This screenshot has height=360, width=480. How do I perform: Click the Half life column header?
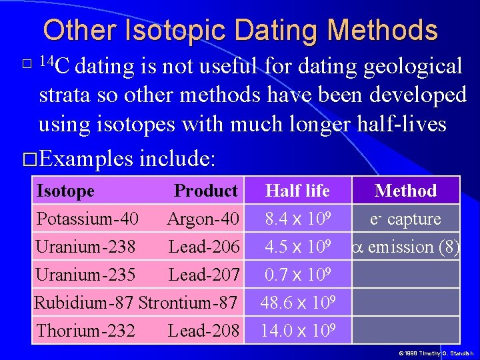(297, 191)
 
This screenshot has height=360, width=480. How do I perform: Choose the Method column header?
(405, 191)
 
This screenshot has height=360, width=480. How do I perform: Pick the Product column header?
(205, 191)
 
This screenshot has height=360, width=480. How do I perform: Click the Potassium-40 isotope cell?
(87, 219)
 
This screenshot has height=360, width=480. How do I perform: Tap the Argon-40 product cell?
(203, 219)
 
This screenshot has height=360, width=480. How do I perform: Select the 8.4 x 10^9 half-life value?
(297, 219)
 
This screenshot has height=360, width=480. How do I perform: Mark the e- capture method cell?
(405, 219)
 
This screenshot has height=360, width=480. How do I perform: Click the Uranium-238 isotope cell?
(85, 247)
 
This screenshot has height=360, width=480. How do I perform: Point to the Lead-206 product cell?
(204, 247)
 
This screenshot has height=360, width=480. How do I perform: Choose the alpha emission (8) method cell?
(405, 247)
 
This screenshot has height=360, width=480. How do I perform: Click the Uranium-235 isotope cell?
(85, 274)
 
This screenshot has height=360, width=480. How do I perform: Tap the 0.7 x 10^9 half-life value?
(297, 274)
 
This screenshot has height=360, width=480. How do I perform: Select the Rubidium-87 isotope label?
(83, 302)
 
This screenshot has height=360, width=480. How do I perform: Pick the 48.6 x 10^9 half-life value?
(297, 302)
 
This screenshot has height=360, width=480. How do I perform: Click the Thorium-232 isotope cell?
(85, 330)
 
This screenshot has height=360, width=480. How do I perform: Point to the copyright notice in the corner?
(435, 353)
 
